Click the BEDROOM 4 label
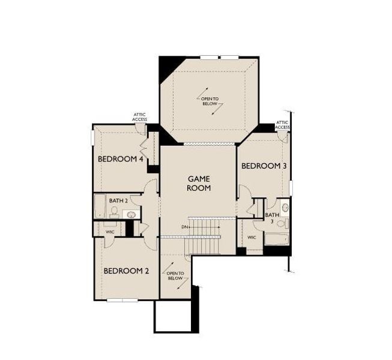[x=120, y=160]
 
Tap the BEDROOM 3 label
[x=264, y=166]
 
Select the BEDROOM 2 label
[x=126, y=271]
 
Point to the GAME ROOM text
[x=199, y=183]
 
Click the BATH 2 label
[x=118, y=200]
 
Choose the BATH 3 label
[x=273, y=218]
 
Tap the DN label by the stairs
[x=184, y=227]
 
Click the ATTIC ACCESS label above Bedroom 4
[x=139, y=117]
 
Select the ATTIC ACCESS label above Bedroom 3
[x=282, y=124]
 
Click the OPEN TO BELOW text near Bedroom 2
[x=175, y=275]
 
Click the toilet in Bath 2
[x=114, y=211]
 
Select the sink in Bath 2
[x=130, y=213]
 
